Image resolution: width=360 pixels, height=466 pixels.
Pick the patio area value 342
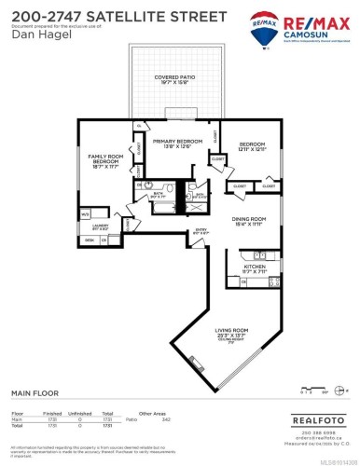pos(167,418)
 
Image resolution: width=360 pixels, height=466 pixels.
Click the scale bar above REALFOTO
pos(319,394)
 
